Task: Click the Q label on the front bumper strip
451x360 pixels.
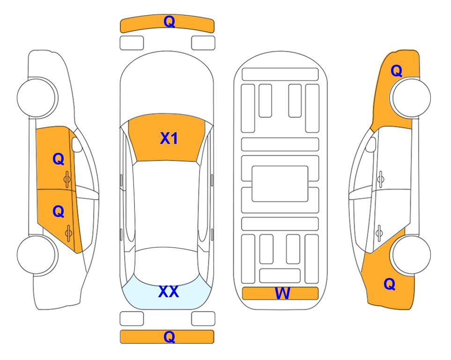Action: click(169, 22)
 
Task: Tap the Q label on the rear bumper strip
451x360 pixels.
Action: click(169, 337)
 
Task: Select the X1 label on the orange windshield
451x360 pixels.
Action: click(169, 138)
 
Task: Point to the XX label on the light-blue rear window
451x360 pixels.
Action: click(169, 292)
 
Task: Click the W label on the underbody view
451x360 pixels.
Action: click(282, 293)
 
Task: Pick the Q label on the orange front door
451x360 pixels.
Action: click(59, 159)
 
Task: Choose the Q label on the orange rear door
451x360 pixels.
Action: click(59, 212)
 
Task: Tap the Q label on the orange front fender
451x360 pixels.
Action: click(396, 71)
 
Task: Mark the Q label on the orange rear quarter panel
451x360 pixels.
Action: click(390, 284)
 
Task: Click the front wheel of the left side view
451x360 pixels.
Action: click(37, 97)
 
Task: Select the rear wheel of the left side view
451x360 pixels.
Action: click(37, 255)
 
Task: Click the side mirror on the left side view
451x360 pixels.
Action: click(77, 144)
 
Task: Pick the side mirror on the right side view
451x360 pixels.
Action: click(371, 144)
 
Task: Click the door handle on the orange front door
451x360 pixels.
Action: click(67, 180)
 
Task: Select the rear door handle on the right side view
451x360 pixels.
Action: click(379, 233)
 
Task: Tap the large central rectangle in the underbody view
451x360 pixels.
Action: click(280, 184)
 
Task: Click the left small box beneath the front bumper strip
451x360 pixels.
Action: click(132, 43)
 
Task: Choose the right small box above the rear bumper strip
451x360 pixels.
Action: click(203, 319)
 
